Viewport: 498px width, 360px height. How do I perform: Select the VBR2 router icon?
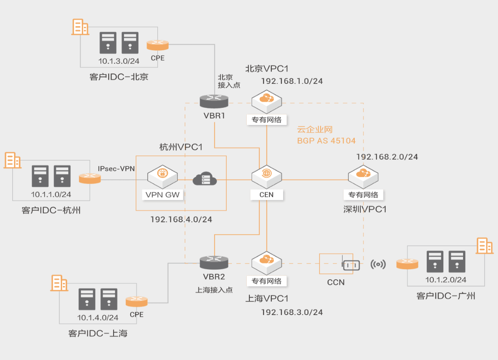click(x=214, y=262)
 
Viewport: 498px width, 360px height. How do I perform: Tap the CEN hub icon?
click(x=266, y=175)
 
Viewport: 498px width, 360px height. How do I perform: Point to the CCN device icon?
click(x=350, y=265)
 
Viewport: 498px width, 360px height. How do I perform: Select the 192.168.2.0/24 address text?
click(x=387, y=157)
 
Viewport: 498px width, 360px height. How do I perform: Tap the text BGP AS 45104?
click(x=326, y=141)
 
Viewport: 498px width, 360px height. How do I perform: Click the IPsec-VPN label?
click(x=116, y=168)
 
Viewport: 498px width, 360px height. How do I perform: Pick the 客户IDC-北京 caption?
click(x=119, y=77)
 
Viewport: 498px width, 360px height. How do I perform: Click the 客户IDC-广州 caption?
click(x=446, y=296)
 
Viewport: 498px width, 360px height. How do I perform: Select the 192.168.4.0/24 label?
click(x=181, y=219)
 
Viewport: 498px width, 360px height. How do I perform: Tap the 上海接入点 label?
click(x=214, y=290)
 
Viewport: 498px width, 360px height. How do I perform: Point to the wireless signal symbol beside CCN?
click(x=378, y=264)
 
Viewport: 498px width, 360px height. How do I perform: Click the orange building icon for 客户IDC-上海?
click(x=59, y=283)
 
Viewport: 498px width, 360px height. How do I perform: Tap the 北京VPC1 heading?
click(x=267, y=69)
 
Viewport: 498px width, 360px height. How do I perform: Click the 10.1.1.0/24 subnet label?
click(x=51, y=194)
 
